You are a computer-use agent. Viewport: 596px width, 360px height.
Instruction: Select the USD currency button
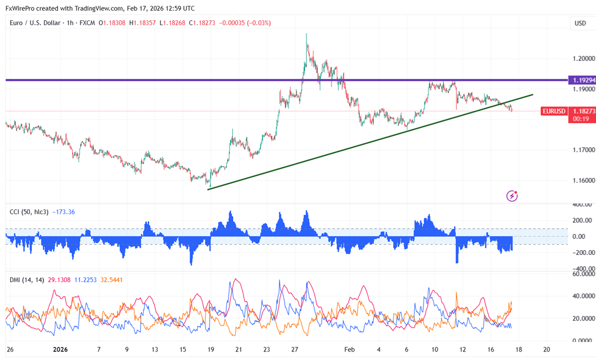[580, 23]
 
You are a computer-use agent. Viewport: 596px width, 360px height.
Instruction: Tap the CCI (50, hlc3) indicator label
[29, 212]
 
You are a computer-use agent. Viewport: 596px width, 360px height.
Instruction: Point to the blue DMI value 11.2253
[85, 279]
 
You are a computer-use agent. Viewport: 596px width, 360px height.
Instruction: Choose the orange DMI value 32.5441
[113, 279]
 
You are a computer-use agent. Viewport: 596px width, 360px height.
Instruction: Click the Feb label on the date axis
[349, 349]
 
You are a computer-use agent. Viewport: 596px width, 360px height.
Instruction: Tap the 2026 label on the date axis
[61, 349]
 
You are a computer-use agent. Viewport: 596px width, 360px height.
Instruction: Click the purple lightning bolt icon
[512, 196]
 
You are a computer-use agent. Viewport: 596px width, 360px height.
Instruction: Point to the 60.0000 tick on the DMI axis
[581, 274]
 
